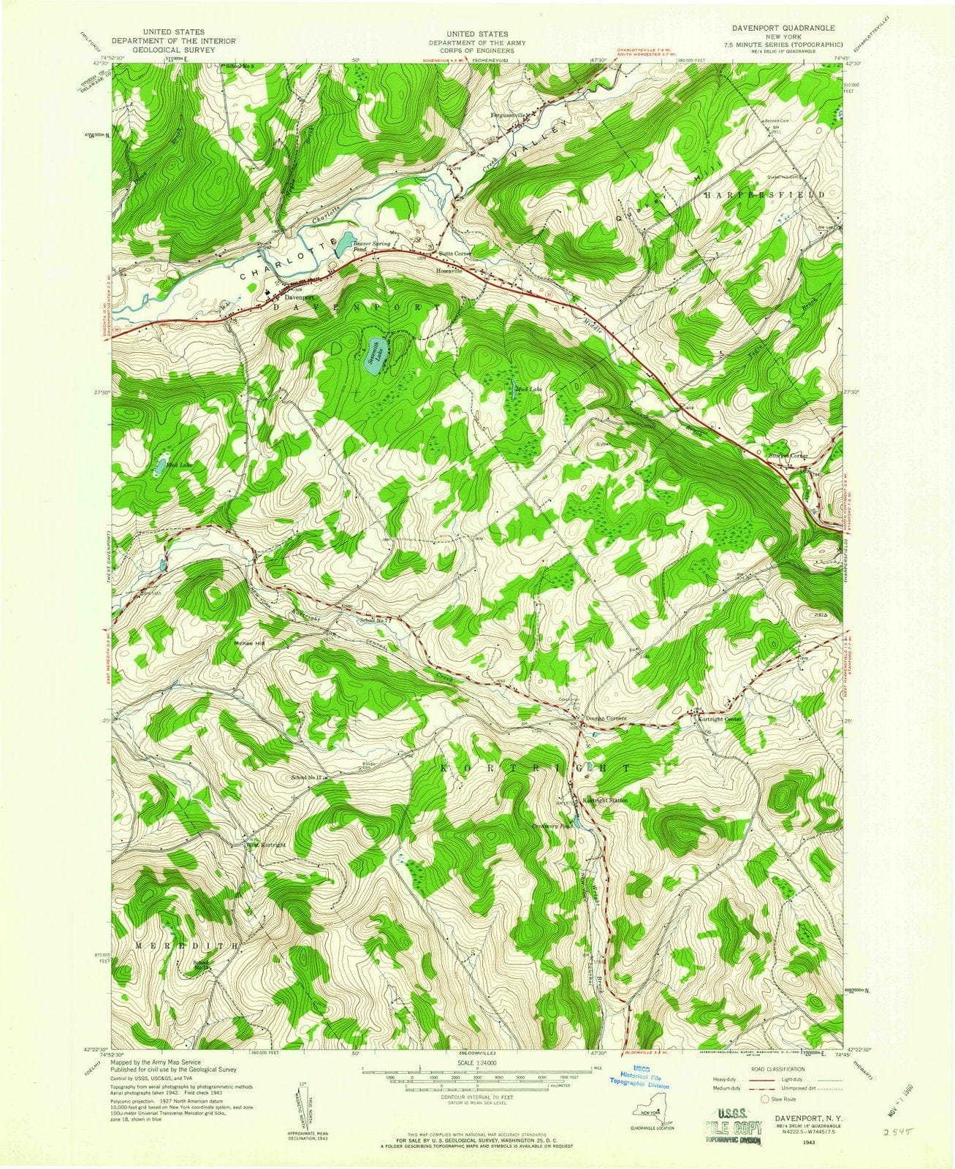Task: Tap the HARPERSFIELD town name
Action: pos(764,196)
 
